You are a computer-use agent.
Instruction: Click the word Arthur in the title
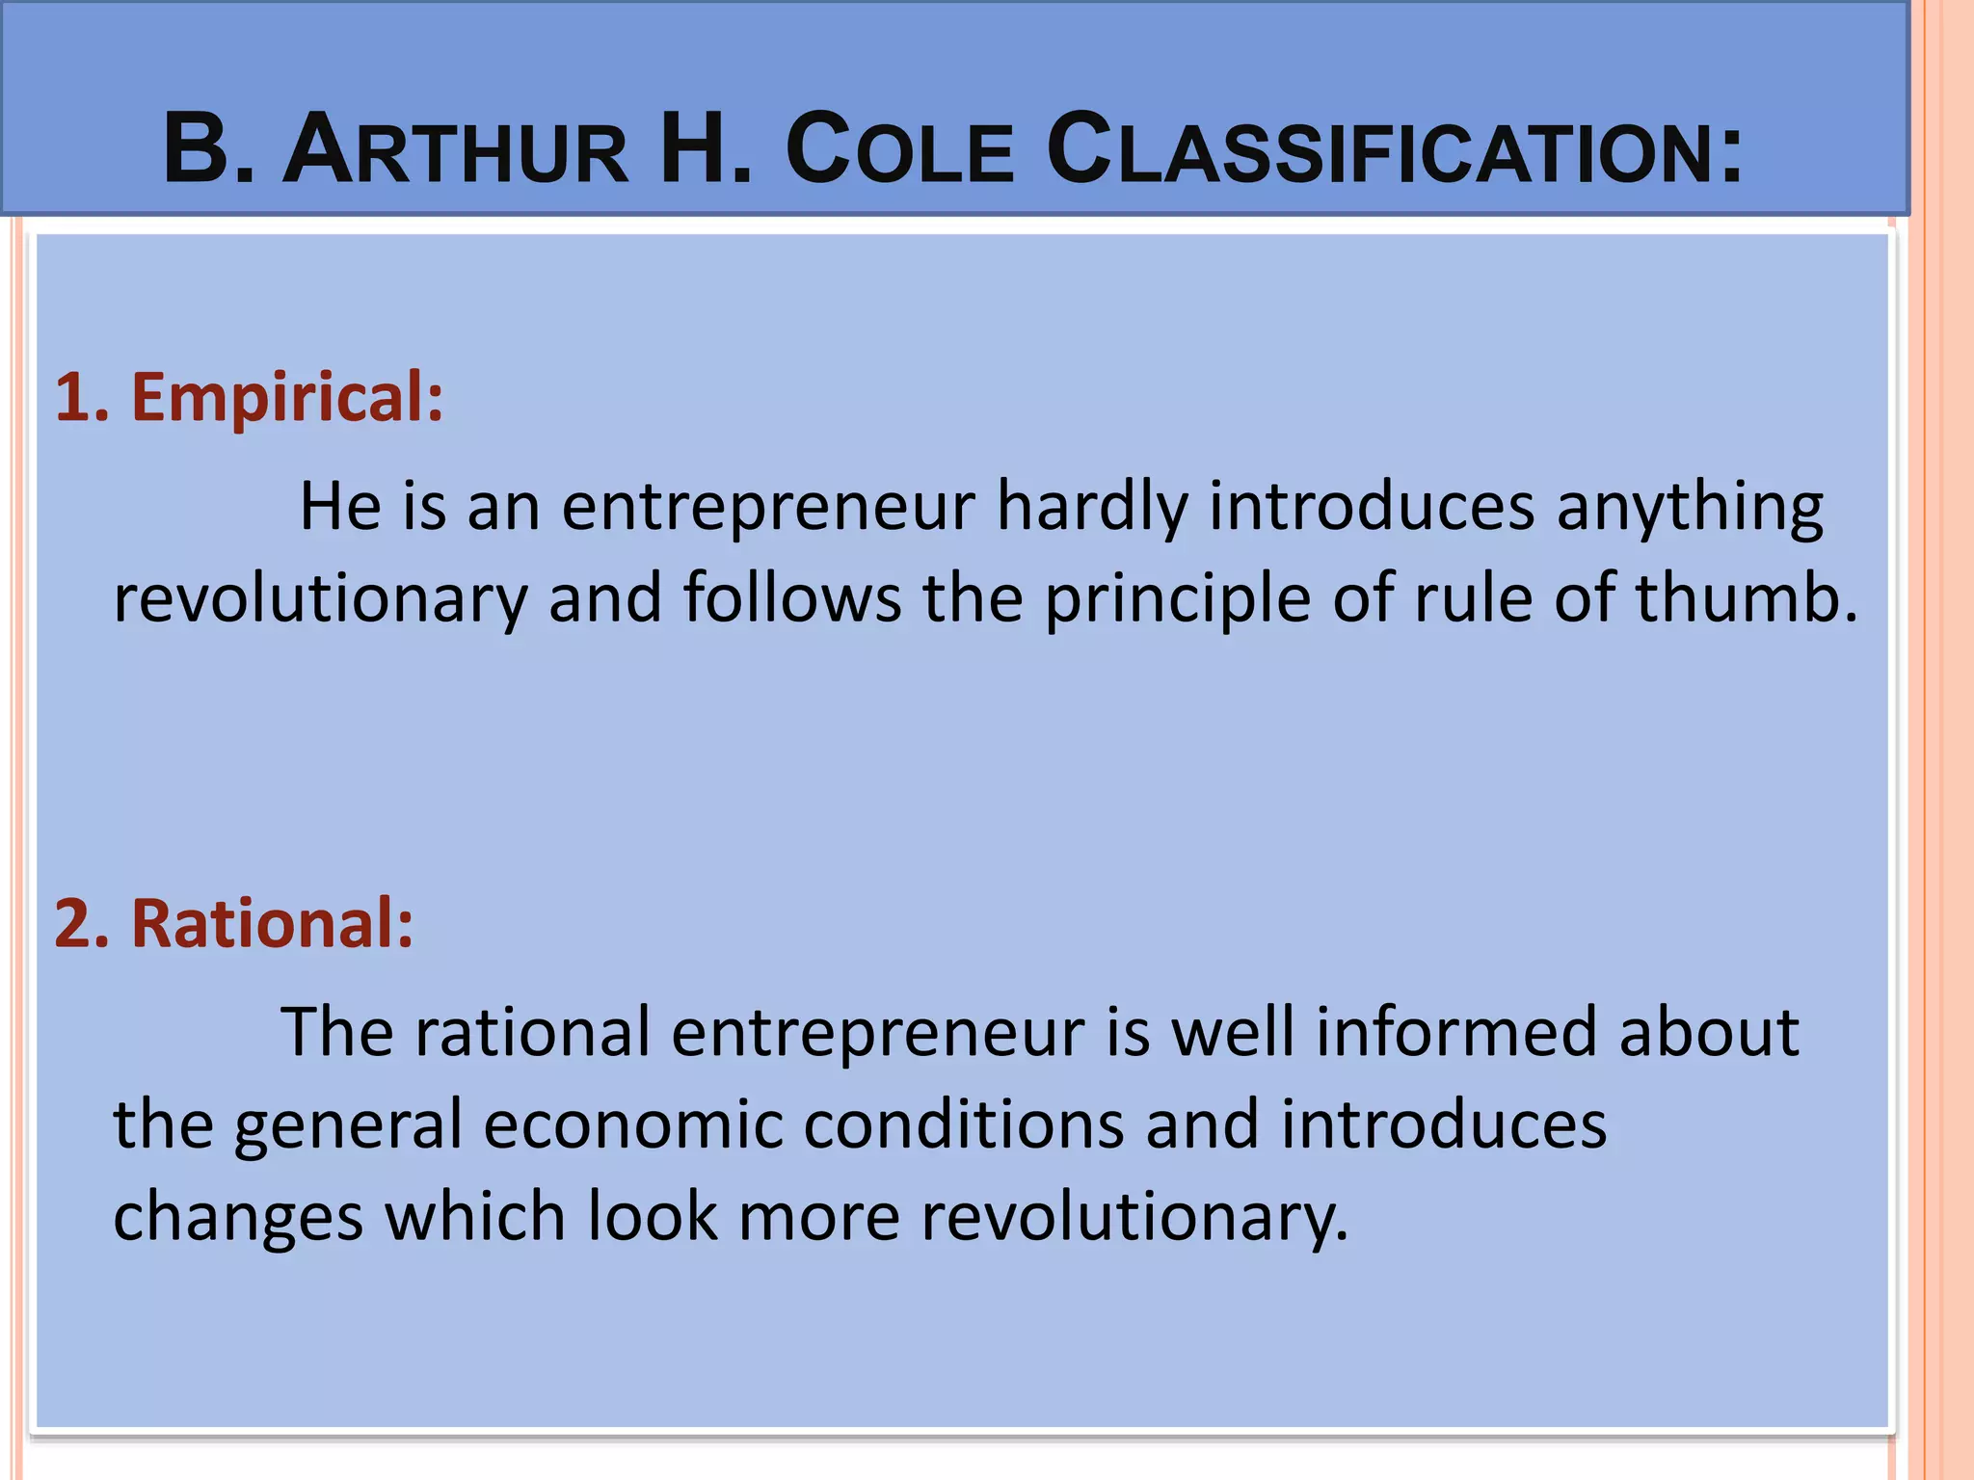tap(455, 150)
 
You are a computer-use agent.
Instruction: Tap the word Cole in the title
tap(899, 150)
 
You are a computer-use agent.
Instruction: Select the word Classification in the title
tap(1394, 150)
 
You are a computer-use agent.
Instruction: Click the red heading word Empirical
tap(287, 397)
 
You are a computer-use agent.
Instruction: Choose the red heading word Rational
tap(272, 923)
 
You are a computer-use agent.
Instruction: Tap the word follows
tap(792, 597)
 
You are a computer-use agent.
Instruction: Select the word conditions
tap(963, 1124)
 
